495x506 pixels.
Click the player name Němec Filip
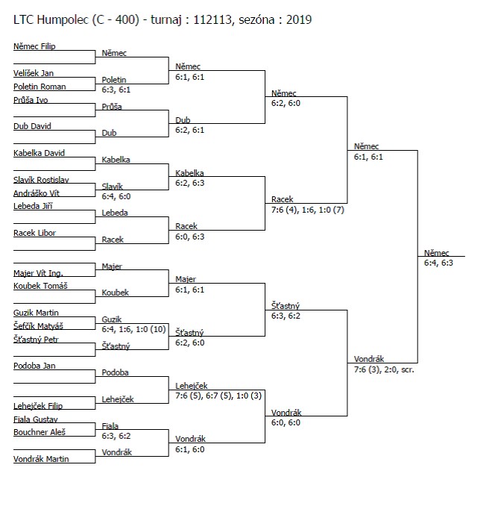click(34, 46)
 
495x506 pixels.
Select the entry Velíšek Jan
click(34, 73)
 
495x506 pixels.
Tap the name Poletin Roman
click(40, 87)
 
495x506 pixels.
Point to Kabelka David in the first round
click(39, 153)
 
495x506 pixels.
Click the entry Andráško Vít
click(37, 193)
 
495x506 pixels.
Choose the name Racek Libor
click(34, 233)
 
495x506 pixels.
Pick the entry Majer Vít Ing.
click(38, 273)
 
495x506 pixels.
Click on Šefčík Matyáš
click(38, 326)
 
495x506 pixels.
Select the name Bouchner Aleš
click(40, 432)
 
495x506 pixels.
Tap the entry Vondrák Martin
click(41, 459)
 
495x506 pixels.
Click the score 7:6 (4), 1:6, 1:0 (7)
click(308, 210)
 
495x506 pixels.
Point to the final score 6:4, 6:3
click(438, 263)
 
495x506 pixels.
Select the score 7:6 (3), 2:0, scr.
click(384, 369)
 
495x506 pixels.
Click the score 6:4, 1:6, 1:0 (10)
click(133, 329)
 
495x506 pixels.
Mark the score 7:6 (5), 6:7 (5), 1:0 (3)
click(218, 396)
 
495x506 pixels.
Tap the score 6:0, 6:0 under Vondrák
click(286, 422)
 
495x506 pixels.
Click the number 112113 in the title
click(212, 19)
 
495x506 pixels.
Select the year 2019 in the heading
click(299, 19)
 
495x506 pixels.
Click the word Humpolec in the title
click(63, 20)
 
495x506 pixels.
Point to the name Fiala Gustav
click(36, 419)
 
